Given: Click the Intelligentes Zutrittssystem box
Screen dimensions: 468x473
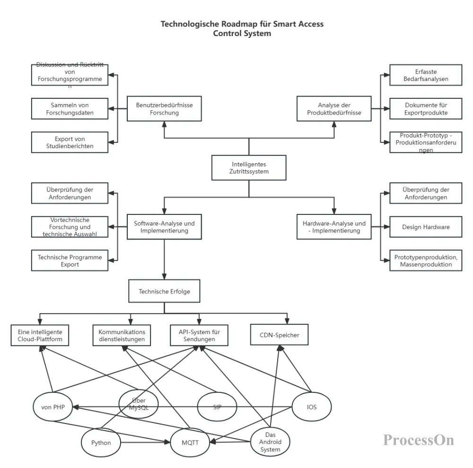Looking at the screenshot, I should [249, 168].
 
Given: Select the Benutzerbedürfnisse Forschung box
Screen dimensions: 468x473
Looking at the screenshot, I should [164, 109].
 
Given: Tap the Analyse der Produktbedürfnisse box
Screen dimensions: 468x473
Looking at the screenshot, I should [334, 109].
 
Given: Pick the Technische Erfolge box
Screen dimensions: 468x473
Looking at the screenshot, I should [164, 291].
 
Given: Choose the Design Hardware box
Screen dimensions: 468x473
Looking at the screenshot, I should [426, 227].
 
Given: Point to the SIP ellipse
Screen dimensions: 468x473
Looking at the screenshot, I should [217, 407].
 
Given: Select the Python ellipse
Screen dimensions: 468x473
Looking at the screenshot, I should [101, 443].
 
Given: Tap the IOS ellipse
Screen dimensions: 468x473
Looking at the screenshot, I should [312, 407].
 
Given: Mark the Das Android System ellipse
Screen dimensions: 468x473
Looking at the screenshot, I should [270, 442].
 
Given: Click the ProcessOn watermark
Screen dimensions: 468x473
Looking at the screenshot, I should [419, 440].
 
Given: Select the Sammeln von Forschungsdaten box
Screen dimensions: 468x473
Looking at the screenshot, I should [70, 109].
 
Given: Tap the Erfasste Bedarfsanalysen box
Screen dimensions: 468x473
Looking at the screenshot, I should [426, 75].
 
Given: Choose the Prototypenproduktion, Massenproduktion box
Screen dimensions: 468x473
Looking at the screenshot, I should [426, 261].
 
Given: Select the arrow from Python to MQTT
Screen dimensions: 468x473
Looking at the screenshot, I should [144, 443].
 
